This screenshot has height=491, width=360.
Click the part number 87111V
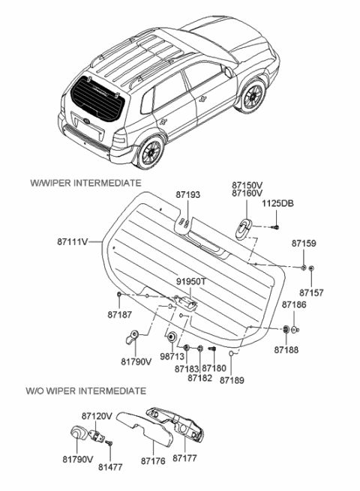(x=73, y=241)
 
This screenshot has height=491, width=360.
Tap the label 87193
(x=188, y=194)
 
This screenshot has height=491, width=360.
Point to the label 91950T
(x=190, y=283)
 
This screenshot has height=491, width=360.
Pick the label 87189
(x=232, y=379)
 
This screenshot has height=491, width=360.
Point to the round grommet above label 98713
(x=171, y=337)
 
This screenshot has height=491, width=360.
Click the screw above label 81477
(x=109, y=445)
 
